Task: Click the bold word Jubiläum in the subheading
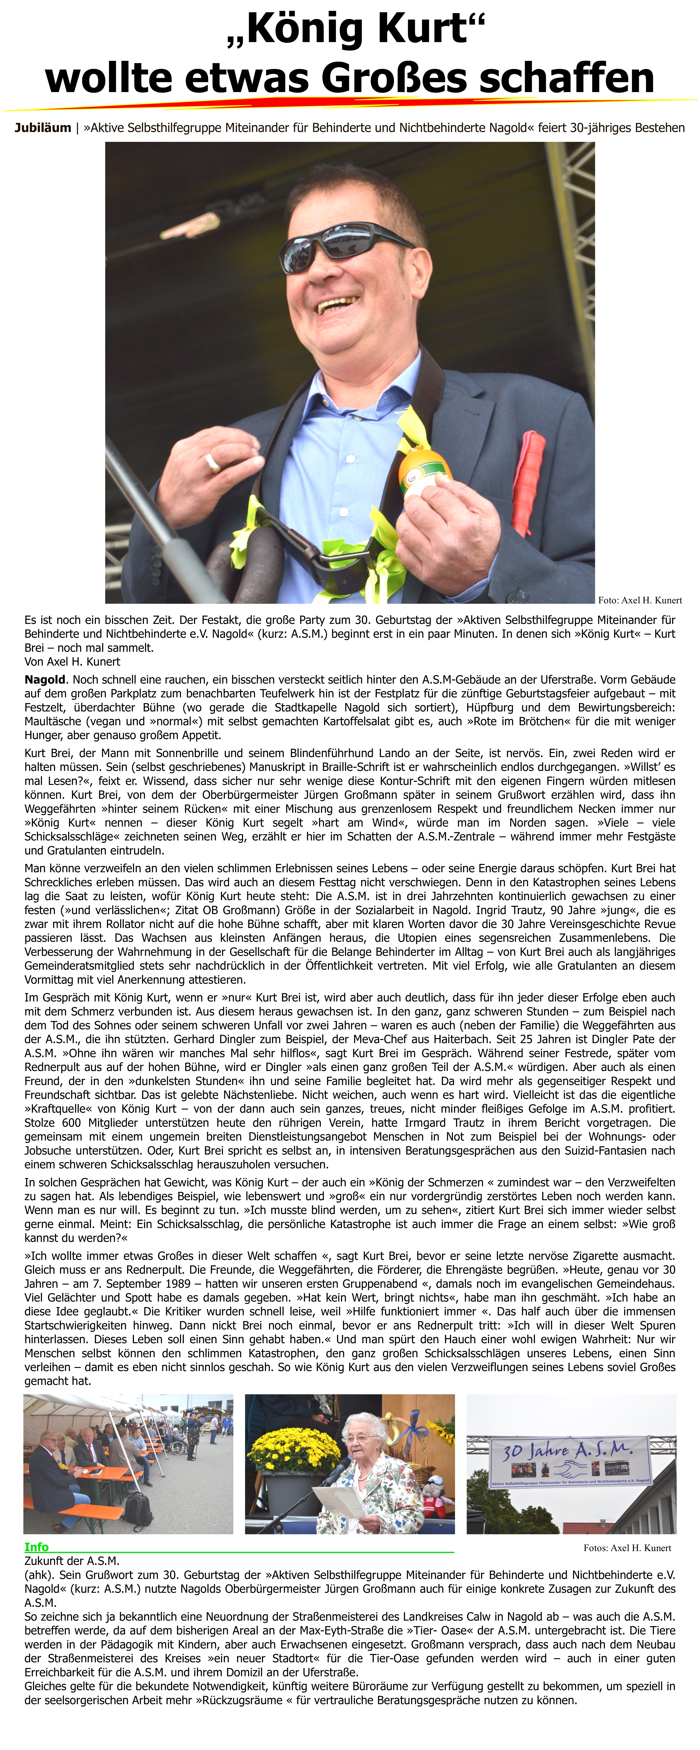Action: point(43,128)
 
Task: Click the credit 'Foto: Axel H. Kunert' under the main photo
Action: point(640,600)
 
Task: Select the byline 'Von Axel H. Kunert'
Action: point(72,662)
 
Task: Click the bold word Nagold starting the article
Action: point(45,679)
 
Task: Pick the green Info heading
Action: point(37,1547)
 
